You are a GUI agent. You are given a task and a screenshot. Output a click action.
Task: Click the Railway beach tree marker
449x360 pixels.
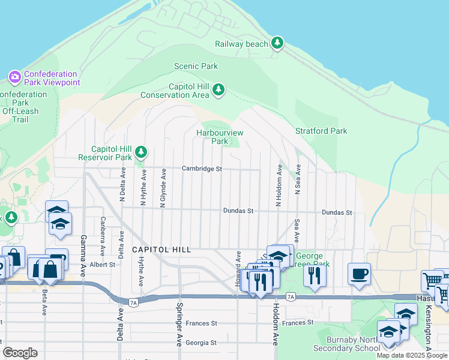pyautogui.click(x=277, y=43)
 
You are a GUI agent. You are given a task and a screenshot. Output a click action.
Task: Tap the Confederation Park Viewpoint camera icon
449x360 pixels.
pyautogui.click(x=15, y=77)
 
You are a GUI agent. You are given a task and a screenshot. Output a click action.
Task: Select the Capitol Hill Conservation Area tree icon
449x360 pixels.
pyautogui.click(x=218, y=90)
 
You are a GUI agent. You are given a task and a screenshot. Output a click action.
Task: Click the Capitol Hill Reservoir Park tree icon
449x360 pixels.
pyautogui.click(x=141, y=152)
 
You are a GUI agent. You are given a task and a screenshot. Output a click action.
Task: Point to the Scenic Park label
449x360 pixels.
pyautogui.click(x=196, y=66)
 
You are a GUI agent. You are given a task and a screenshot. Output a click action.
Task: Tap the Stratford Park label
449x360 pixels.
pyautogui.click(x=321, y=131)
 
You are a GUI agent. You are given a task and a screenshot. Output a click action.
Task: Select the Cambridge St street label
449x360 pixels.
pyautogui.click(x=202, y=169)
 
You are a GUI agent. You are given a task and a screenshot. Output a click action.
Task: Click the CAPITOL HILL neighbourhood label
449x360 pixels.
pyautogui.click(x=161, y=250)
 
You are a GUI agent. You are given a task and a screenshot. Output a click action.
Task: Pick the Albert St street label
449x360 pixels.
pyautogui.click(x=102, y=264)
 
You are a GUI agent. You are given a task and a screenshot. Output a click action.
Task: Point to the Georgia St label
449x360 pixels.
pyautogui.click(x=201, y=343)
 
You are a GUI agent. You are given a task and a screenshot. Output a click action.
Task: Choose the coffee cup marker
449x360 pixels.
pyautogui.click(x=360, y=274)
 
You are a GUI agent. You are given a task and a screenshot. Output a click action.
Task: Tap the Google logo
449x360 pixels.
pyautogui.click(x=20, y=352)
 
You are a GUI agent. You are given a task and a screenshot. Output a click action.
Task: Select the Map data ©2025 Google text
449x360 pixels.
pyautogui.click(x=412, y=355)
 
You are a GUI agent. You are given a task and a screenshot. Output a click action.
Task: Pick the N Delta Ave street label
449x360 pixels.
pyautogui.click(x=122, y=187)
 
